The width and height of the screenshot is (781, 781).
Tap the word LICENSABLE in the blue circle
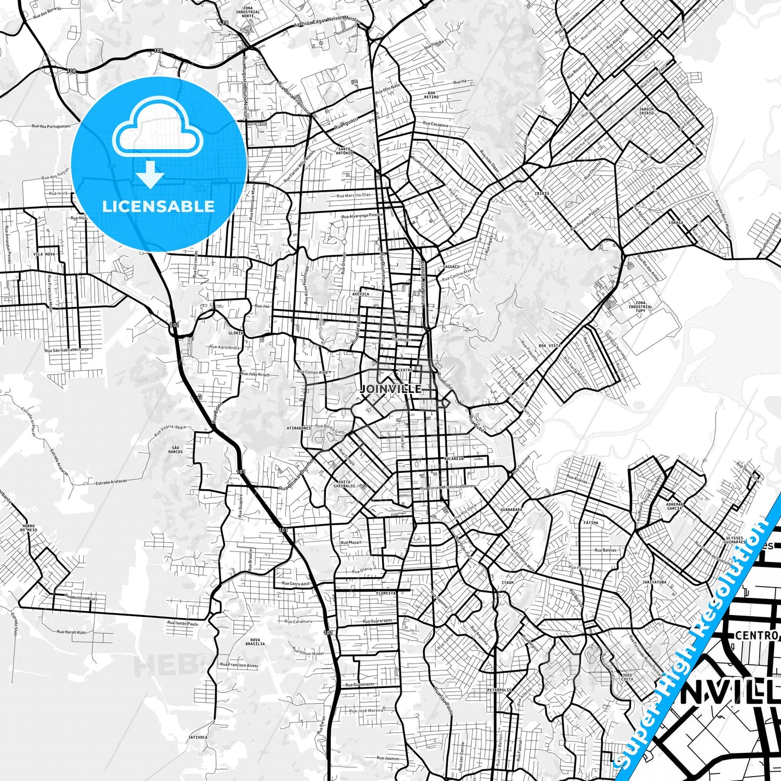coord(158,206)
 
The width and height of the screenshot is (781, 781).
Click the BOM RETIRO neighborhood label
coord(431,95)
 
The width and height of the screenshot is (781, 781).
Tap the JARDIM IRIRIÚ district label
coord(646,111)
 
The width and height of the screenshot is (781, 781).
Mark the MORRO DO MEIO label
coord(29,528)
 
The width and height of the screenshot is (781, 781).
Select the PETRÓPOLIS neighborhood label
coord(498,690)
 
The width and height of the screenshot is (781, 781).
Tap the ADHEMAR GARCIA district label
coord(675,506)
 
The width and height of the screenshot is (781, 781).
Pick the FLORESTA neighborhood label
coord(386,593)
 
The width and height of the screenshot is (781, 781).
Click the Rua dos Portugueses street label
coord(51,126)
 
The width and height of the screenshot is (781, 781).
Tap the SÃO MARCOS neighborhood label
coord(176,450)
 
